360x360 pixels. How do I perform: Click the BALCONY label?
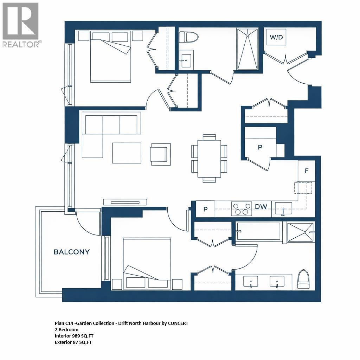[x=71, y=252]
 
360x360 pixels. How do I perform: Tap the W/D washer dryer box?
[x=276, y=37]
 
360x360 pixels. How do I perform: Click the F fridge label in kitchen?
[x=307, y=171]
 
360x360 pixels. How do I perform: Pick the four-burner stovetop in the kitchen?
[x=241, y=208]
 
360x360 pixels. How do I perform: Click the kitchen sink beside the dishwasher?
[x=283, y=208]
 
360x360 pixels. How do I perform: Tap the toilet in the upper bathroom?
[x=188, y=37]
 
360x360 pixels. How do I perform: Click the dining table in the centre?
[x=209, y=158]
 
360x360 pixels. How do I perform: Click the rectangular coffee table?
[x=127, y=153]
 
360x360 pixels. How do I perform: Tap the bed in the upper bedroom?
[x=111, y=58]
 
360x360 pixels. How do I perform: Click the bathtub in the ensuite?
[x=259, y=231]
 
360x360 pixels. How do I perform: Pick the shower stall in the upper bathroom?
[x=248, y=49]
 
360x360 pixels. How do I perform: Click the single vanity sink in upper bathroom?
[x=186, y=60]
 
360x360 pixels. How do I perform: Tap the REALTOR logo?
[x=21, y=25]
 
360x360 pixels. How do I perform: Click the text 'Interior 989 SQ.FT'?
[x=74, y=336]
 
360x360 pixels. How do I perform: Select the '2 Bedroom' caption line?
[x=66, y=330]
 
